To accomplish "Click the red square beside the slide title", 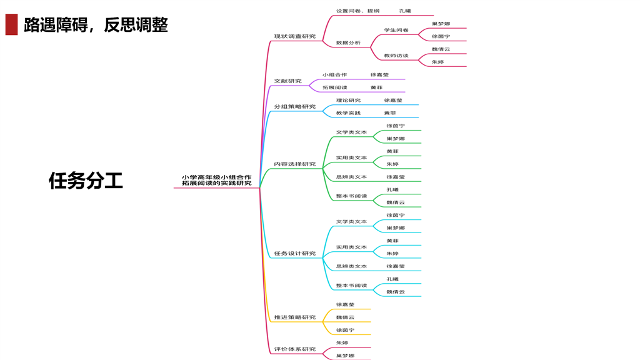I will pos(11,25).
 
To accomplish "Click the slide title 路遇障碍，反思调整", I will pos(96,25).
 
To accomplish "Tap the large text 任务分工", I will pos(86,181).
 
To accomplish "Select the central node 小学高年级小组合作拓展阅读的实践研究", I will pos(216,180).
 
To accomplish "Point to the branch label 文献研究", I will pos(287,81).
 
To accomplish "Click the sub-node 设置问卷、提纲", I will pos(357,11).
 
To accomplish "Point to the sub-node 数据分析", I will pos(348,42).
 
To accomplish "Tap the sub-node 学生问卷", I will pos(396,30).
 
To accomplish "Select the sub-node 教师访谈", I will pos(396,56).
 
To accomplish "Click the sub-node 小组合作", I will pos(334,74).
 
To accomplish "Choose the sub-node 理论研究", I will pos(348,100).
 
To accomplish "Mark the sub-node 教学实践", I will pos(348,113).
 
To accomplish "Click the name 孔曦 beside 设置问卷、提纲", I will pos(405,11).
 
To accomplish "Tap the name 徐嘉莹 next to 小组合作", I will pos(379,74).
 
